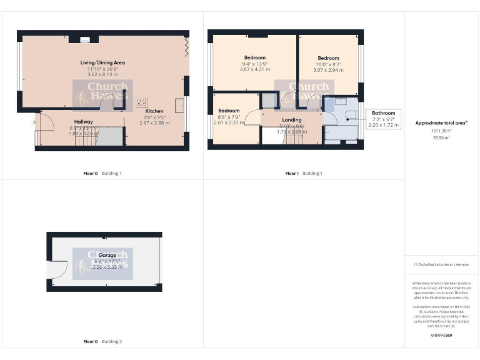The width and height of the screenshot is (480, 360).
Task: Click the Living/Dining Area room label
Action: pyautogui.click(x=103, y=62)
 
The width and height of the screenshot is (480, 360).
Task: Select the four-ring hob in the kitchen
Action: pyautogui.click(x=142, y=102)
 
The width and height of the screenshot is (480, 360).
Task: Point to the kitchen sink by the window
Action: pyautogui.click(x=180, y=104)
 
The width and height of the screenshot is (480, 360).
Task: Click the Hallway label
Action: pyautogui.click(x=83, y=122)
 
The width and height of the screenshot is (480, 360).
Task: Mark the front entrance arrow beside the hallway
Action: pyautogui.click(x=32, y=122)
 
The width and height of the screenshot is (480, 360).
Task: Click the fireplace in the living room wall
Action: pyautogui.click(x=84, y=39)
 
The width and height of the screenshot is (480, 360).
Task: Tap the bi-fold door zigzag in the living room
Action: pyautogui.click(x=186, y=47)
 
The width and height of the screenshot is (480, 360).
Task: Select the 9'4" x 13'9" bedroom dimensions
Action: pyautogui.click(x=254, y=64)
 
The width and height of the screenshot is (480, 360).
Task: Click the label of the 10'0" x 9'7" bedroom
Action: pyautogui.click(x=327, y=58)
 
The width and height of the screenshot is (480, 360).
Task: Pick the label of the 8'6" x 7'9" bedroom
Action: pyautogui.click(x=229, y=111)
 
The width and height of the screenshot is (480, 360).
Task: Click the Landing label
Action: pyautogui.click(x=292, y=119)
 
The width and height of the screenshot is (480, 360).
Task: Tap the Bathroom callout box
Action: pyautogui.click(x=383, y=119)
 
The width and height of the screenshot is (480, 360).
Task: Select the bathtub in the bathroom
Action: pyautogui.click(x=341, y=132)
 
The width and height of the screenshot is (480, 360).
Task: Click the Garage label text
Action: pyautogui.click(x=99, y=255)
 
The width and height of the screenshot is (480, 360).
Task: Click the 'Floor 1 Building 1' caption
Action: pyautogui.click(x=304, y=173)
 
